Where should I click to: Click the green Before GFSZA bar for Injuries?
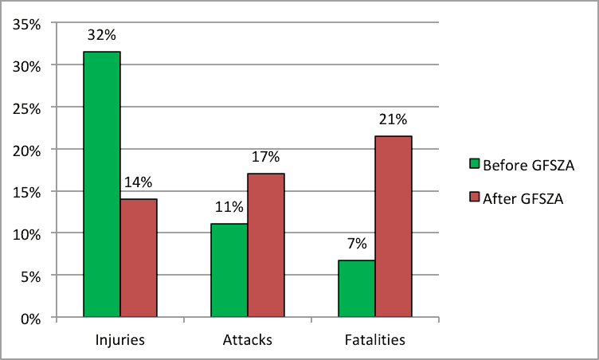click(102, 185)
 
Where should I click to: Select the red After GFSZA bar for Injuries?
click(139, 258)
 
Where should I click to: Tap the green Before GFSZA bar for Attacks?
click(229, 271)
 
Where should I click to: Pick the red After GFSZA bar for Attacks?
click(266, 245)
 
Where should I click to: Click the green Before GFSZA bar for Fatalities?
click(357, 288)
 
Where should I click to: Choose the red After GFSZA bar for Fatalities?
click(393, 227)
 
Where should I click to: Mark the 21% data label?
click(393, 120)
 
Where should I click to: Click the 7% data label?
click(356, 244)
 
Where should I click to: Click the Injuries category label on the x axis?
click(119, 340)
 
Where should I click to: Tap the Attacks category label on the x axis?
click(248, 340)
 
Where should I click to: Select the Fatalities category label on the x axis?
click(375, 340)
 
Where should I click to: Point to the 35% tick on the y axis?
click(28, 24)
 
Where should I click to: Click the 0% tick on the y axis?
click(31, 319)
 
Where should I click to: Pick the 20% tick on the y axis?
click(28, 150)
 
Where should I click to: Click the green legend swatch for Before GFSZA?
click(474, 163)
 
